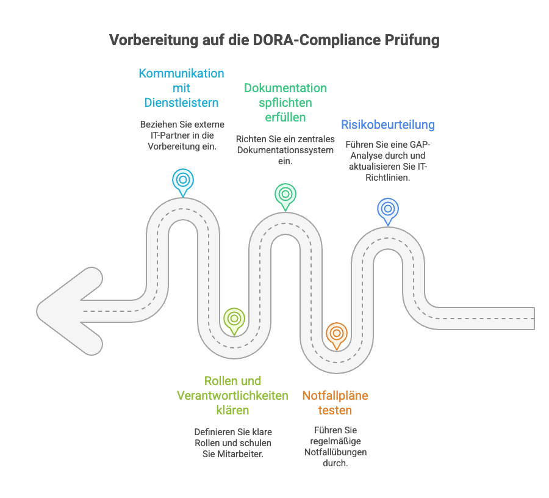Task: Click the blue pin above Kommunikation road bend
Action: click(182, 181)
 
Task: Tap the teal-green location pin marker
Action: click(285, 195)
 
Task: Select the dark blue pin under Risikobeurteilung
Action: click(388, 210)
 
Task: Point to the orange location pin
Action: click(335, 334)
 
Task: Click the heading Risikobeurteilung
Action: click(388, 125)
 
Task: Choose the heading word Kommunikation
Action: click(181, 73)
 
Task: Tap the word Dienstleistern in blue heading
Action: click(181, 102)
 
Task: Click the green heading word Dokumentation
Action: click(285, 88)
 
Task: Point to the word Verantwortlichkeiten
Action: click(232, 395)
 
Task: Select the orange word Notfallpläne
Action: click(335, 395)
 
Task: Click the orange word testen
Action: click(335, 410)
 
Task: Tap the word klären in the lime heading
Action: click(232, 410)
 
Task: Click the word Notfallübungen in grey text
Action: click(335, 452)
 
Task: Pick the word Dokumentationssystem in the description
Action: click(285, 150)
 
